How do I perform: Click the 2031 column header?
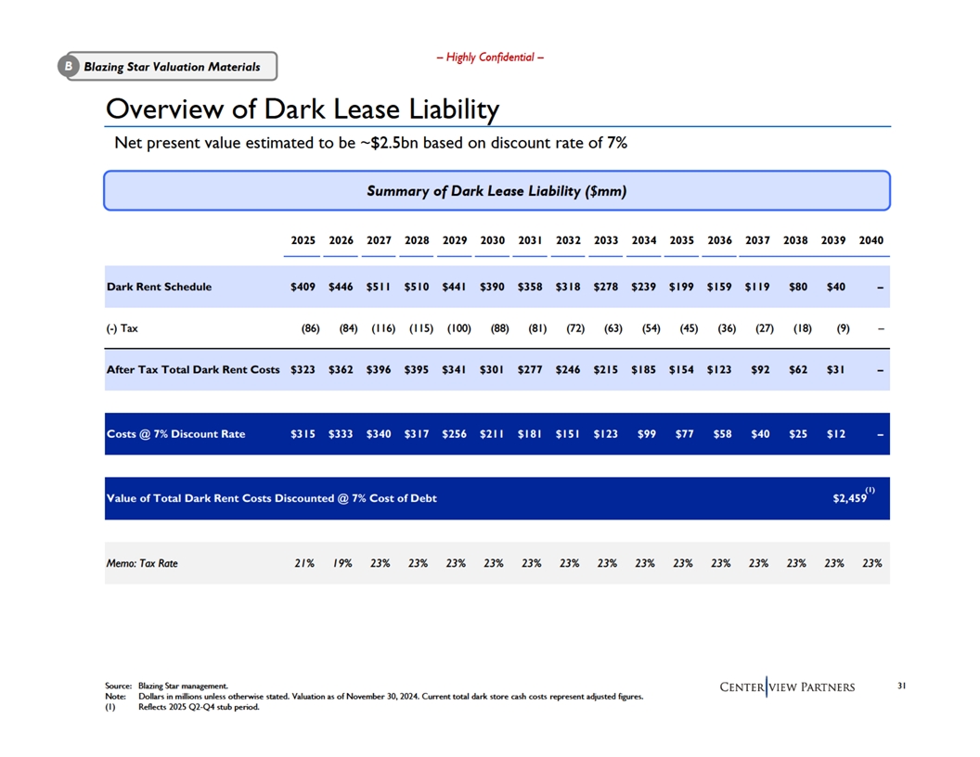530,240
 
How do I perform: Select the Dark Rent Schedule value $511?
379,287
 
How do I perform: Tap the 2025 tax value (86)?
311,327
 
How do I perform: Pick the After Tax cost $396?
379,370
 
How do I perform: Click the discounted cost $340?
379,434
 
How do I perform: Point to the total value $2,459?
850,498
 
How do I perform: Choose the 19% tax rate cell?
342,563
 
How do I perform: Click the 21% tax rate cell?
304,563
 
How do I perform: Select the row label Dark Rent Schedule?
160,287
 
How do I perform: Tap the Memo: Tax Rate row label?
142,563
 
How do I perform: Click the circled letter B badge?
68,66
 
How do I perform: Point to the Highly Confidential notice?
490,58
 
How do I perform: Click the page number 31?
902,686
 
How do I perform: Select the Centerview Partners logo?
788,687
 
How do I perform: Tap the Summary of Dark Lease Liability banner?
496,190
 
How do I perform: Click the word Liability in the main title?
455,109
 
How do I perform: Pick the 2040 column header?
871,240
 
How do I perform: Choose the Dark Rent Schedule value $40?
835,287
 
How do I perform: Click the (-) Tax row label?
122,327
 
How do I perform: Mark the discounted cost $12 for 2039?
835,434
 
